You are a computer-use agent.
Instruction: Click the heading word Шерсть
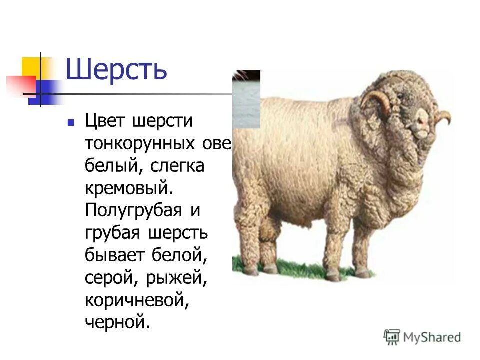pyautogui.click(x=116, y=70)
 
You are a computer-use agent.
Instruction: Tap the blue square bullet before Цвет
pyautogui.click(x=71, y=122)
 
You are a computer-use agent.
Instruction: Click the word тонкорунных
pyautogui.click(x=139, y=143)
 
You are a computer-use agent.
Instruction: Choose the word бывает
pyautogui.click(x=114, y=256)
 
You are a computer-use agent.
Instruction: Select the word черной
pyautogui.click(x=117, y=323)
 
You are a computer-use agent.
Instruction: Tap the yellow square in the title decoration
pyautogui.click(x=31, y=67)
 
